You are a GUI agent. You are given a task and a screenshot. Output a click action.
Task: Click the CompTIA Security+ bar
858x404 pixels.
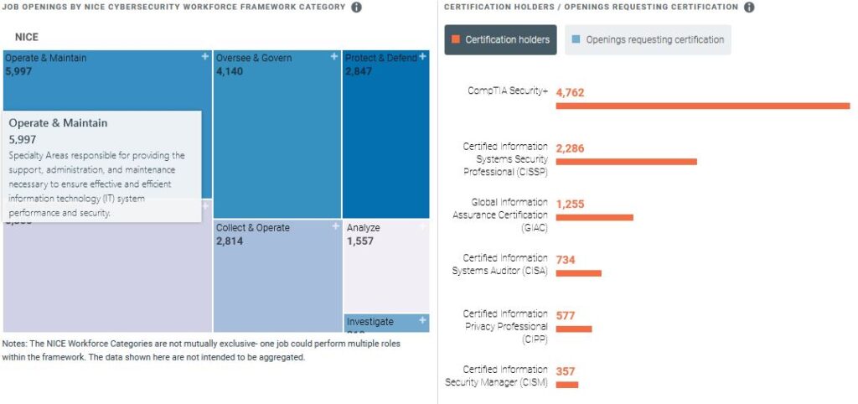(x=702, y=106)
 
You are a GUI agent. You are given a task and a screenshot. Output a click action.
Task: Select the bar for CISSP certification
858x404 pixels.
(x=626, y=162)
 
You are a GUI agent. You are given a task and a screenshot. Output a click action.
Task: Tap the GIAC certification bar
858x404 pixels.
(x=594, y=217)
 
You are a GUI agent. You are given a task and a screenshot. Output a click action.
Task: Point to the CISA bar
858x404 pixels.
(x=578, y=273)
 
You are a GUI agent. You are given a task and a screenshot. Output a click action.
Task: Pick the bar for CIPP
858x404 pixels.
(x=573, y=329)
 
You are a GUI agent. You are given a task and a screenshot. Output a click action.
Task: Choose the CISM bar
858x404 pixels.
(x=566, y=385)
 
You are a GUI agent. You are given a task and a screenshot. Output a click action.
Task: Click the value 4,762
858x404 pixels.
(x=570, y=92)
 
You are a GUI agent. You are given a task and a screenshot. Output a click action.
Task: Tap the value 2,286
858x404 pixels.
(x=570, y=148)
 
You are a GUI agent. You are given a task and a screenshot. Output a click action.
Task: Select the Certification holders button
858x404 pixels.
(x=500, y=39)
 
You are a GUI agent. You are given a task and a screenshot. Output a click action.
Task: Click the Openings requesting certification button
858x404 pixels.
(x=647, y=39)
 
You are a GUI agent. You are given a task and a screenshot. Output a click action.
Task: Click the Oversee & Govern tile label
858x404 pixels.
(x=254, y=58)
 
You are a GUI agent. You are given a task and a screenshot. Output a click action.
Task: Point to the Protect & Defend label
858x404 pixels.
(x=381, y=58)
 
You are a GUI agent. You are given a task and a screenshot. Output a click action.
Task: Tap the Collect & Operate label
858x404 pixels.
(x=253, y=227)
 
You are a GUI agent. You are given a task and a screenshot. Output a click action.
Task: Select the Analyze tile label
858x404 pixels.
(x=364, y=227)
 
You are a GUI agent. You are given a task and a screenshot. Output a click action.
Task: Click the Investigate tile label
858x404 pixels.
(x=370, y=321)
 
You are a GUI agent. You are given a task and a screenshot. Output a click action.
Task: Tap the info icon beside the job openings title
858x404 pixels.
(x=356, y=8)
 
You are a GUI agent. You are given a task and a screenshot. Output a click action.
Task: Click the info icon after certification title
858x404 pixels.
(x=749, y=8)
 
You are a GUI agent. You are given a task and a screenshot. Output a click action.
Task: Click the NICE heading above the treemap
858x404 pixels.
(x=27, y=37)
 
